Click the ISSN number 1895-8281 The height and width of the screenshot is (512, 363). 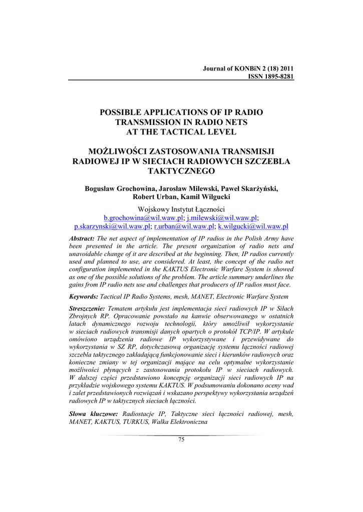[x=275, y=76]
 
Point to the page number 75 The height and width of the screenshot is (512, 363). [x=181, y=439]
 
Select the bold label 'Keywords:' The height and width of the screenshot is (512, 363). [x=84, y=296]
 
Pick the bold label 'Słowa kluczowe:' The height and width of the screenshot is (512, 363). [x=93, y=414]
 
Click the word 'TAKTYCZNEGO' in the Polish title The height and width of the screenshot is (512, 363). [x=181, y=171]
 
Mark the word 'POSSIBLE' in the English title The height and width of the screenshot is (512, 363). [x=125, y=112]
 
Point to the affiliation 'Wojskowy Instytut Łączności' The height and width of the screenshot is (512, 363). [x=181, y=209]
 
